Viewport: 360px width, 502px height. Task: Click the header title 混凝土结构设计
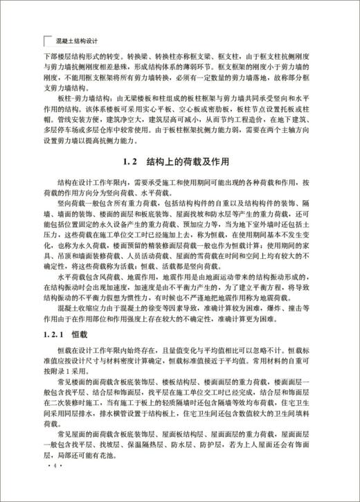pos(78,39)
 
